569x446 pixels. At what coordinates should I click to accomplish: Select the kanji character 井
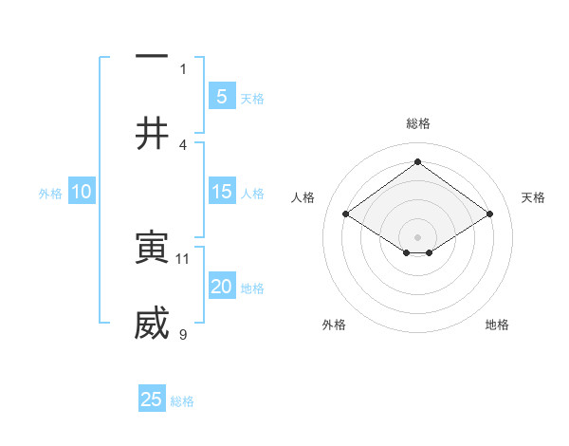click(x=152, y=134)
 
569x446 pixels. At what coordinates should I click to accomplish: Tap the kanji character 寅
click(x=152, y=248)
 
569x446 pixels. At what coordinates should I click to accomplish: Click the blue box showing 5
click(x=221, y=96)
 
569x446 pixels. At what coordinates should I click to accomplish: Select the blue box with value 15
click(x=221, y=192)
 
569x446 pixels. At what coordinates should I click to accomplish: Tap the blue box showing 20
click(x=221, y=287)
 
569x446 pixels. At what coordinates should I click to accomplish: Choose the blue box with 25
click(x=152, y=400)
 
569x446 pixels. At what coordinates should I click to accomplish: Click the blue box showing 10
click(x=82, y=192)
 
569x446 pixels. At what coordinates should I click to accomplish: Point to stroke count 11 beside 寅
click(x=183, y=258)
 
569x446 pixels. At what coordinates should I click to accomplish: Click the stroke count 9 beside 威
click(x=183, y=334)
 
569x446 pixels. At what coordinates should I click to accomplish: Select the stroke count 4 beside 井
click(x=183, y=144)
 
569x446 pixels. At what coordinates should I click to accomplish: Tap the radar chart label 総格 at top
click(x=418, y=123)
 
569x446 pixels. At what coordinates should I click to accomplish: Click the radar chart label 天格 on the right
click(x=533, y=197)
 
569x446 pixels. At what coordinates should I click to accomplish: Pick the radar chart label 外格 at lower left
click(x=334, y=325)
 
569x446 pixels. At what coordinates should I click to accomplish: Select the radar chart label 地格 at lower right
click(x=497, y=325)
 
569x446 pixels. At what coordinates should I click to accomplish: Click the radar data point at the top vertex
click(x=418, y=162)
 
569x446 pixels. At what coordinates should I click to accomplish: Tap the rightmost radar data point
click(x=489, y=214)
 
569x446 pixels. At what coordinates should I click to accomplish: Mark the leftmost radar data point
click(x=346, y=214)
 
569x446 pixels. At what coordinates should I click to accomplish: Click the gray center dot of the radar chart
click(x=418, y=236)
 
